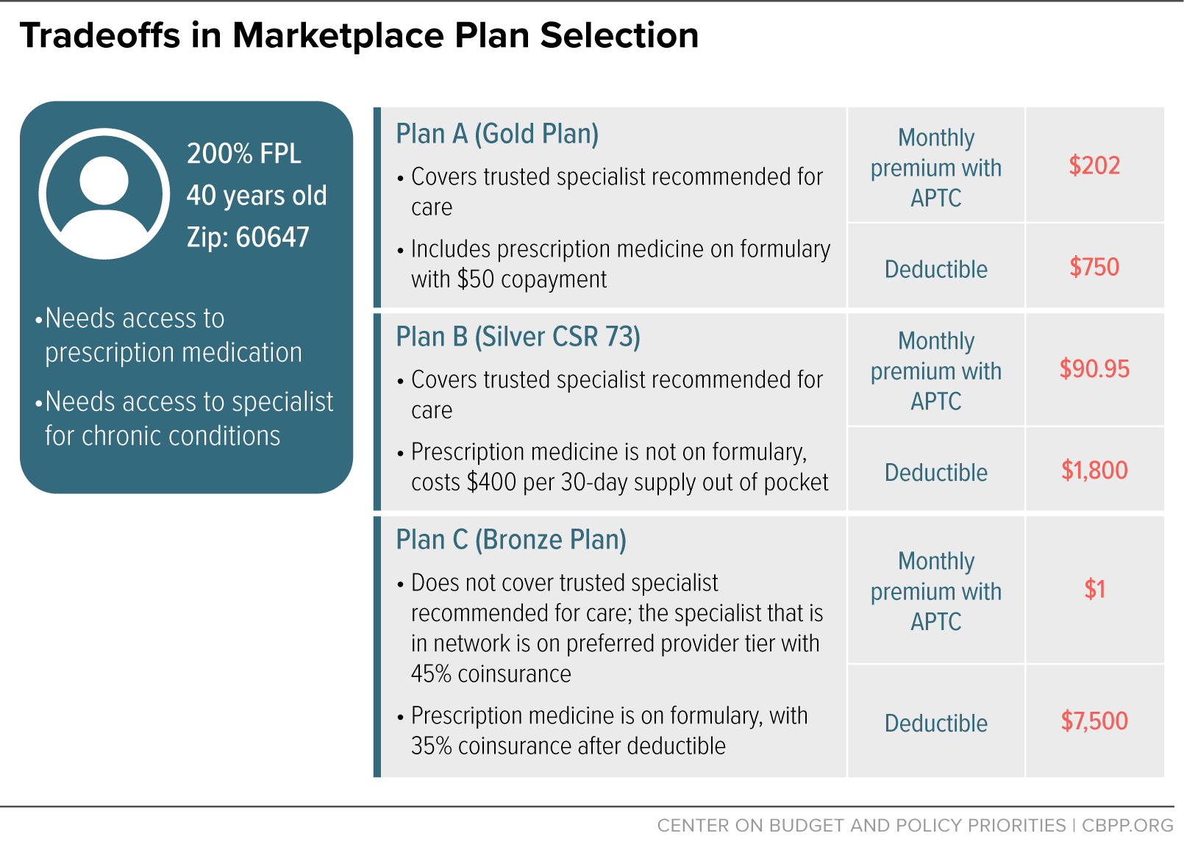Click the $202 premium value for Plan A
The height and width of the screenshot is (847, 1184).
pyautogui.click(x=1094, y=165)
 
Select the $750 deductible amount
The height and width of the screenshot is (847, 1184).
pyautogui.click(x=1094, y=267)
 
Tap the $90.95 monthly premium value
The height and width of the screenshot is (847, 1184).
pyautogui.click(x=1094, y=368)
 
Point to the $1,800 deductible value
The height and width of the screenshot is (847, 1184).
pyautogui.click(x=1094, y=470)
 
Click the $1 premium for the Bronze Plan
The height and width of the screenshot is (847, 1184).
pyautogui.click(x=1095, y=589)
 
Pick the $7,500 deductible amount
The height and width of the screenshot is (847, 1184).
pyautogui.click(x=1094, y=721)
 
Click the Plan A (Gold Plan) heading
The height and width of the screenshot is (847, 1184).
pyautogui.click(x=497, y=135)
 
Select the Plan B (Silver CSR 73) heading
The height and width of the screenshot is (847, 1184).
pyautogui.click(x=518, y=337)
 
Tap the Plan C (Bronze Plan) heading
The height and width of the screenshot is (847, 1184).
pyautogui.click(x=511, y=540)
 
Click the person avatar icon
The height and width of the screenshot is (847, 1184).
pyautogui.click(x=104, y=193)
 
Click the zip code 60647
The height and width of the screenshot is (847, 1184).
pyautogui.click(x=272, y=237)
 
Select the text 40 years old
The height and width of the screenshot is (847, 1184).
pyautogui.click(x=257, y=196)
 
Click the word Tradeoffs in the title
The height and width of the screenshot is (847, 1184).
pyautogui.click(x=101, y=35)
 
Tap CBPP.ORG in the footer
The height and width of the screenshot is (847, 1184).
pyautogui.click(x=1127, y=826)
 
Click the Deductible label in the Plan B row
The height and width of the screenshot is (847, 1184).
pyautogui.click(x=936, y=472)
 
